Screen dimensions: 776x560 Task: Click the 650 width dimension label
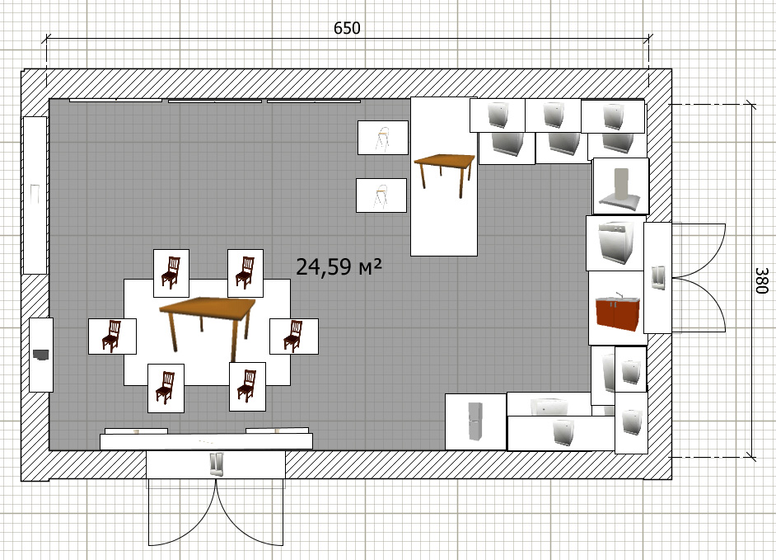click(x=347, y=28)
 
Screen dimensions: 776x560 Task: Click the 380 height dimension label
click(x=762, y=280)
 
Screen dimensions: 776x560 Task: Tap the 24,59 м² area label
click(x=339, y=266)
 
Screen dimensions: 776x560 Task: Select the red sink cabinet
click(x=618, y=313)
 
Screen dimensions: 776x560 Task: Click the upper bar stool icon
click(x=383, y=137)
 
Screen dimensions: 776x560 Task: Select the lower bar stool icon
click(x=381, y=195)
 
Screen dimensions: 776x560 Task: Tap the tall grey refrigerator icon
click(x=475, y=421)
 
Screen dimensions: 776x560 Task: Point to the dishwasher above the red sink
click(x=615, y=242)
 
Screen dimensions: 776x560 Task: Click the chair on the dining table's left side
click(x=112, y=336)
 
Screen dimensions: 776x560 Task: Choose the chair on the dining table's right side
click(x=294, y=336)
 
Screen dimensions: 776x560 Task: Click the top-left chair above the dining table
click(x=171, y=273)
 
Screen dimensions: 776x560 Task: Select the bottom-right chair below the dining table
click(x=247, y=387)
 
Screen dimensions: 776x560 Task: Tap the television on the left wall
click(x=41, y=355)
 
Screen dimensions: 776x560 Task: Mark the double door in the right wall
click(x=685, y=277)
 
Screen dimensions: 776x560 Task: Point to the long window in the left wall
click(x=35, y=195)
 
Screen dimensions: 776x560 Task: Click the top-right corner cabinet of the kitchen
click(x=613, y=116)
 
